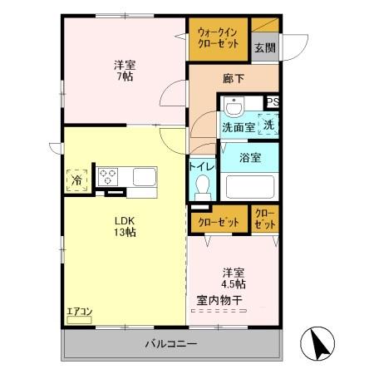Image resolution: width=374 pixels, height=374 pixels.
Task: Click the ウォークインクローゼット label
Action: click(218, 38)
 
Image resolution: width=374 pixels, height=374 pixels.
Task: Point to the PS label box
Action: click(273, 103)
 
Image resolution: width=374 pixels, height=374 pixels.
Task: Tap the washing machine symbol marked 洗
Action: click(268, 124)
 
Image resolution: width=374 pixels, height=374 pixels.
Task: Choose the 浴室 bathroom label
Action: click(249, 156)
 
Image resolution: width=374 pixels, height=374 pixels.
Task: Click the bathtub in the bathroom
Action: click(249, 185)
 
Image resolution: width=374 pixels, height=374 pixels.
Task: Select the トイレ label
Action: click(203, 166)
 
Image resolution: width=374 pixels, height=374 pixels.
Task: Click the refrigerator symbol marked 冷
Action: click(75, 179)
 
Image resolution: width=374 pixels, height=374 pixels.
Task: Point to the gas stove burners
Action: click(110, 176)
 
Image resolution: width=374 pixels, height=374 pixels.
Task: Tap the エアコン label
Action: click(80, 312)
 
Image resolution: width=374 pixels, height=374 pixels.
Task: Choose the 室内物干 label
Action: click(221, 300)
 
